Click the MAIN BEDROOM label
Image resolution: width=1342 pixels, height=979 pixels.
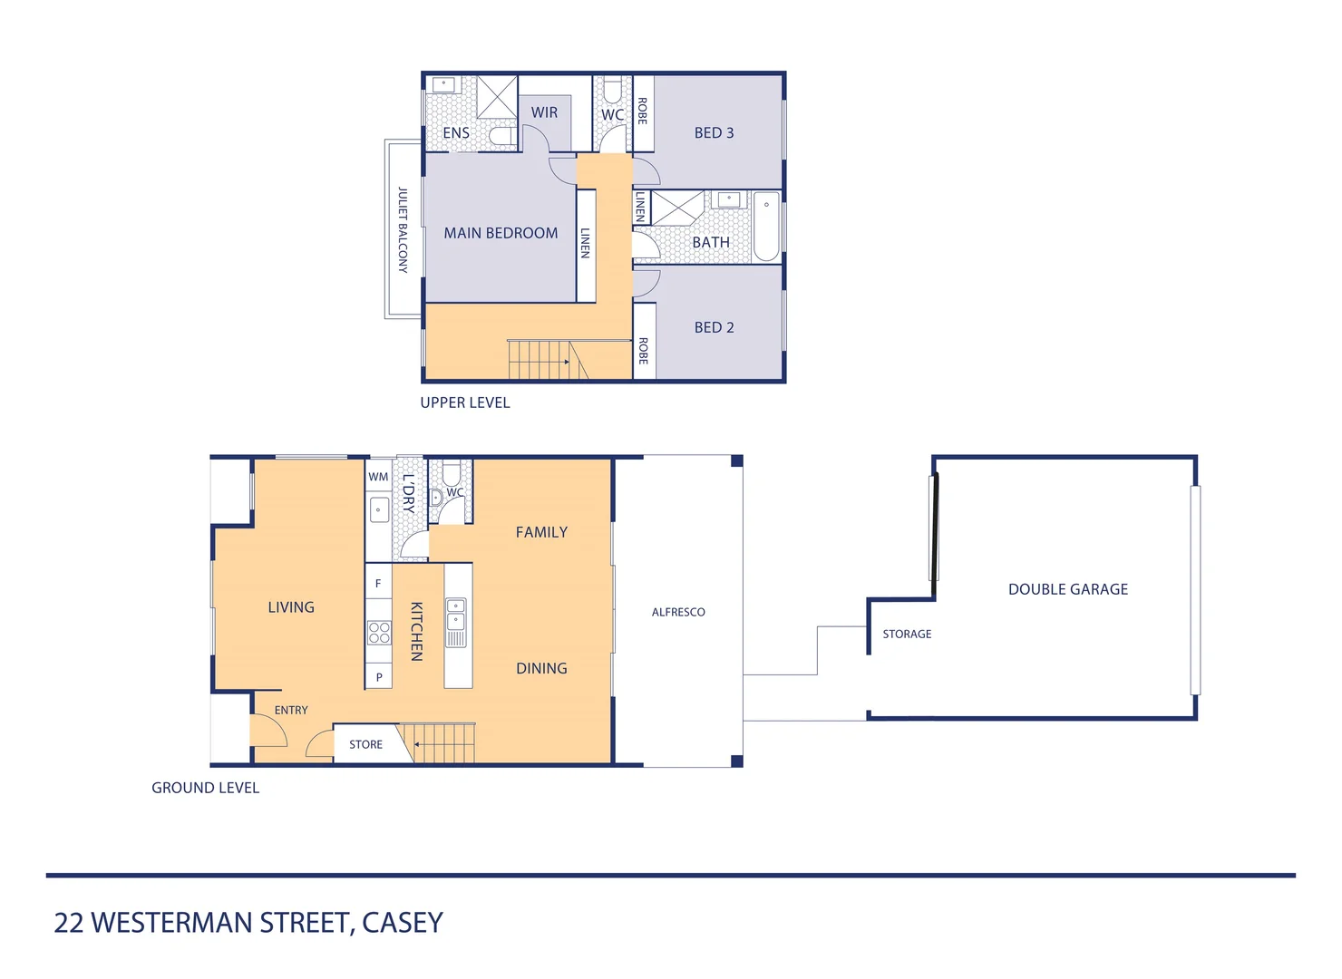tap(501, 233)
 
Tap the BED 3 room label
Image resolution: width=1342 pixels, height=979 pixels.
tap(714, 133)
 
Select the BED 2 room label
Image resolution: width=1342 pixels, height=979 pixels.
tap(714, 327)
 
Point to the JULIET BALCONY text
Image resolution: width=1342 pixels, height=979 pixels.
tap(403, 230)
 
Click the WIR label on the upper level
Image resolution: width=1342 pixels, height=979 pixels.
tap(544, 112)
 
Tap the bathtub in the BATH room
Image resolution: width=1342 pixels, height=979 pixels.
tap(766, 227)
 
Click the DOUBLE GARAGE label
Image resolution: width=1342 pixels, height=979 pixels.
tap(1067, 589)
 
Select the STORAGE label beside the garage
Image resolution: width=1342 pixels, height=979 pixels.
tap(907, 635)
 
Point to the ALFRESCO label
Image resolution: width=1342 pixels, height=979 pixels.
tap(678, 613)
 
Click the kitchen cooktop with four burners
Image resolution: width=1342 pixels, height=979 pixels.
tap(379, 632)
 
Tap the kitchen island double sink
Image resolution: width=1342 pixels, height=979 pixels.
tap(456, 614)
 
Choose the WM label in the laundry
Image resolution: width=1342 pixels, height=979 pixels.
tap(378, 477)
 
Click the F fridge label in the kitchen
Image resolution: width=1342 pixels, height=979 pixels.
tap(378, 584)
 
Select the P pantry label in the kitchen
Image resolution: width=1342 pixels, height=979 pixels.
tap(379, 677)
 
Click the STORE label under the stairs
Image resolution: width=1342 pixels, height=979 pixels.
tap(365, 745)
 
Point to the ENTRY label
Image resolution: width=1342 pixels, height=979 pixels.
tap(291, 711)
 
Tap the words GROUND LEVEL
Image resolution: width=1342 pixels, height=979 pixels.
tap(205, 789)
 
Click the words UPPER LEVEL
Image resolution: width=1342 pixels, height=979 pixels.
tap(464, 403)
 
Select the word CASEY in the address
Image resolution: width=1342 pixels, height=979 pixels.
tap(403, 923)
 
